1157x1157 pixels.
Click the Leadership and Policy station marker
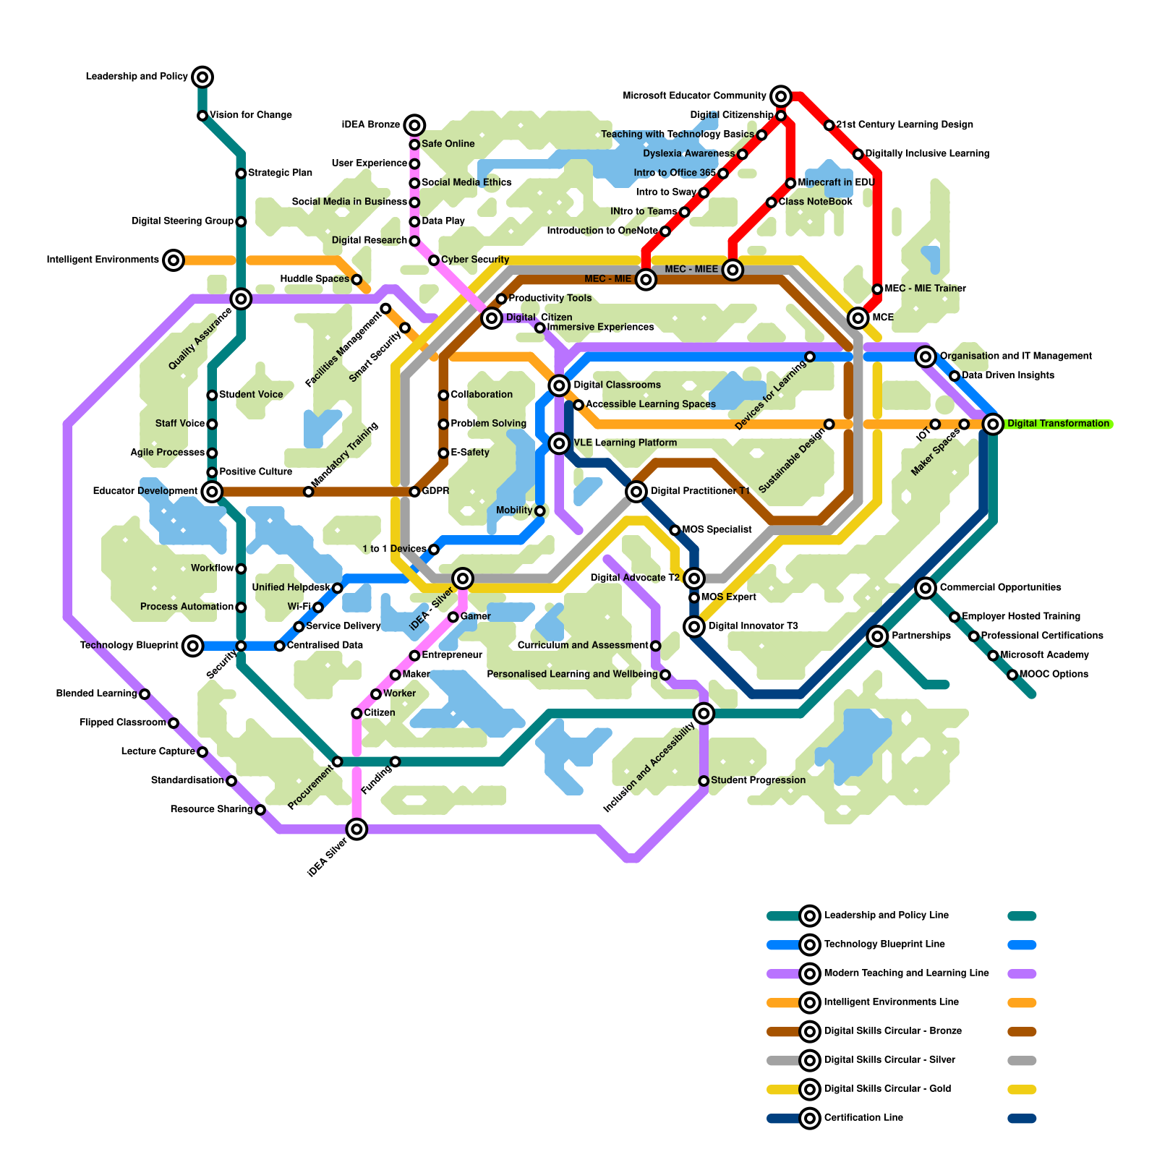pos(202,77)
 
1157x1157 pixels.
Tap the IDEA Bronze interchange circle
pos(414,125)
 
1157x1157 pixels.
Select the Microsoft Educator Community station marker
pos(781,95)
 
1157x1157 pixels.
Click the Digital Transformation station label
pos(1058,424)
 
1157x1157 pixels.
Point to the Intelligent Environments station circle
pos(174,260)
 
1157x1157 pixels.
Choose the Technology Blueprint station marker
pos(192,646)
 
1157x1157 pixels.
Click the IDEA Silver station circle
pos(357,829)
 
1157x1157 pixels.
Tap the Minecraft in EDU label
pos(836,182)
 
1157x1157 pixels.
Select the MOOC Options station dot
pos(1012,675)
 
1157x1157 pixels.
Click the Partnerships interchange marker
pos(877,636)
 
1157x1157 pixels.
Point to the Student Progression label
pos(758,780)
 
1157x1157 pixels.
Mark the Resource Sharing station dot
pos(260,809)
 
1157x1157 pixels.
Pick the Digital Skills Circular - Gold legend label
pos(887,1089)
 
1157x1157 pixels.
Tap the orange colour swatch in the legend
pos(1022,1003)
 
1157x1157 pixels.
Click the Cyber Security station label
pos(475,260)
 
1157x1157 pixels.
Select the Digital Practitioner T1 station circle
pos(636,492)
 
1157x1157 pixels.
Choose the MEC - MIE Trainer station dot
pos(877,289)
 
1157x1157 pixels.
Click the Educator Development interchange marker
pos(212,492)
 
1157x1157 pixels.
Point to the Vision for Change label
pos(251,115)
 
